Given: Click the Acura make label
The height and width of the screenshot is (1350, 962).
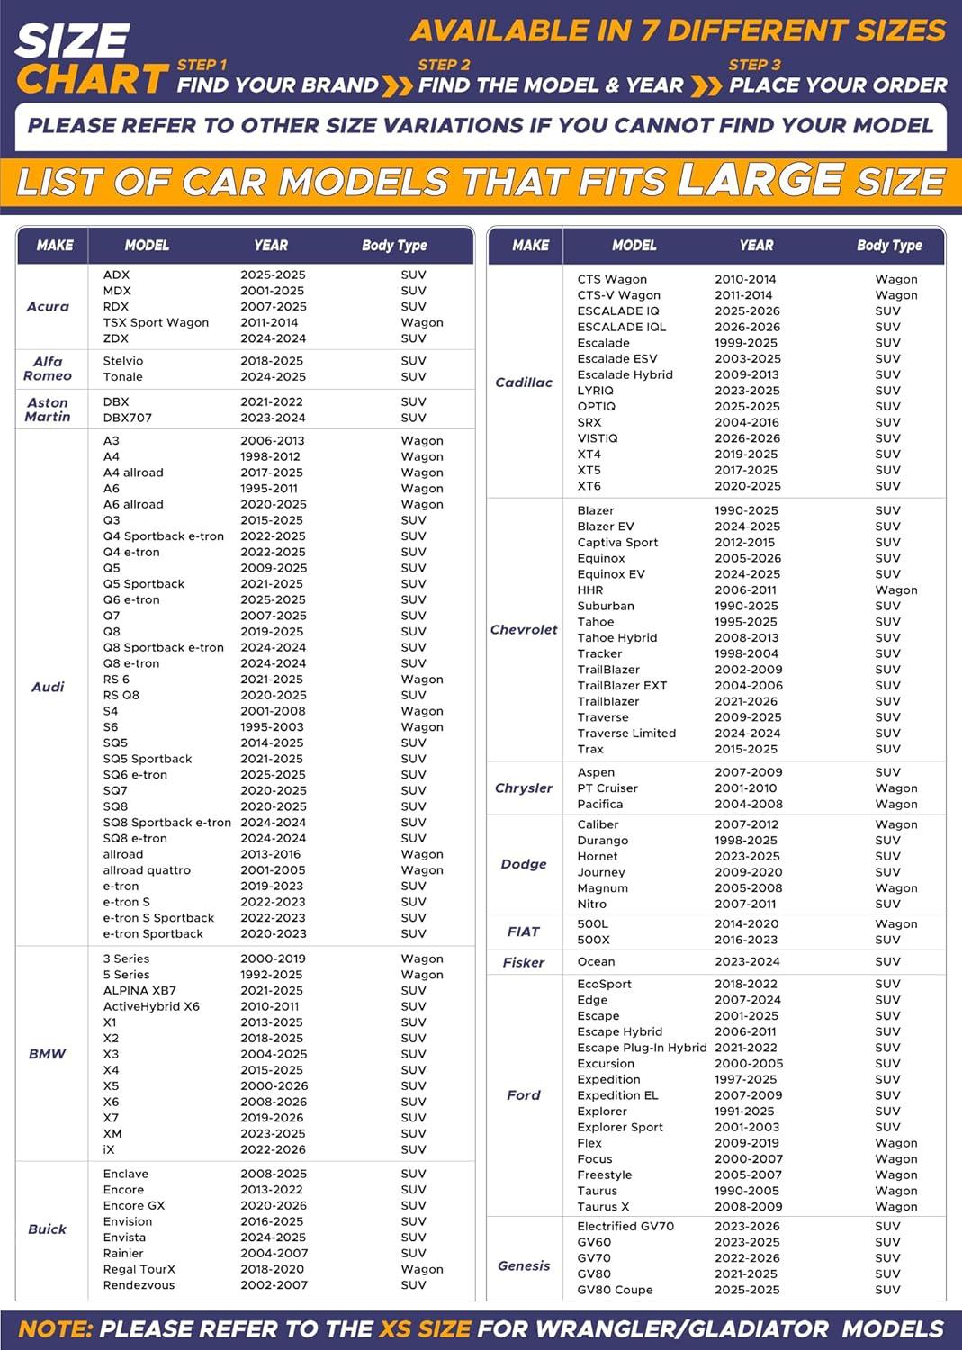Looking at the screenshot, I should [x=48, y=307].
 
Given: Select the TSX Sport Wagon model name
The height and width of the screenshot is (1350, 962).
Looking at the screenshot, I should [x=156, y=322].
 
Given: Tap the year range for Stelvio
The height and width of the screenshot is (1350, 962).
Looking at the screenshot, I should [x=273, y=361].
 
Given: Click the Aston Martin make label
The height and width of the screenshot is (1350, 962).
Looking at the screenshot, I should [x=48, y=409].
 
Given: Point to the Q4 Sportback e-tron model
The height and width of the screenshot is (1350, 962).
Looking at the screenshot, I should [x=163, y=536].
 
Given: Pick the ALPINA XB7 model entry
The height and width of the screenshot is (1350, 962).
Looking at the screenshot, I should [x=139, y=991].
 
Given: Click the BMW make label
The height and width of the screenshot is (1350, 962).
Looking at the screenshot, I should [x=48, y=1054].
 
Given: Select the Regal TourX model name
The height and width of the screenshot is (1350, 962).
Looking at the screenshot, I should [x=139, y=1269].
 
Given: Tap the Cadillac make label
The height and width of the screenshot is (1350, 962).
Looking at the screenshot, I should [x=524, y=382].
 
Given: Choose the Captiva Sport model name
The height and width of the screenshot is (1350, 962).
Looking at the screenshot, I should [x=617, y=543].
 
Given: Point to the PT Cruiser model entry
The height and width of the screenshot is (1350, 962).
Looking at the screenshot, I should [x=607, y=788].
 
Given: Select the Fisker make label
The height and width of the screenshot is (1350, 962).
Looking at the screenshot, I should [x=524, y=963].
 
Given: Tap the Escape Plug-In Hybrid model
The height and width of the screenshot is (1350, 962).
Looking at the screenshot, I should [x=642, y=1048].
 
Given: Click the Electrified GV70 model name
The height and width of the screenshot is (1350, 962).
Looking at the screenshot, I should [x=625, y=1227].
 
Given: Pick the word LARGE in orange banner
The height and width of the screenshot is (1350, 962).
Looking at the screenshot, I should [x=760, y=180].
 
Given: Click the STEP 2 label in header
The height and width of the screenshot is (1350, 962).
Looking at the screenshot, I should [x=444, y=65].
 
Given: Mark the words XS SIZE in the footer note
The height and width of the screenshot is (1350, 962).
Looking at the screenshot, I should [x=424, y=1329].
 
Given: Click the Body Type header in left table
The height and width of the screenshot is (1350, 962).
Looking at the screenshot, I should [x=394, y=246].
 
